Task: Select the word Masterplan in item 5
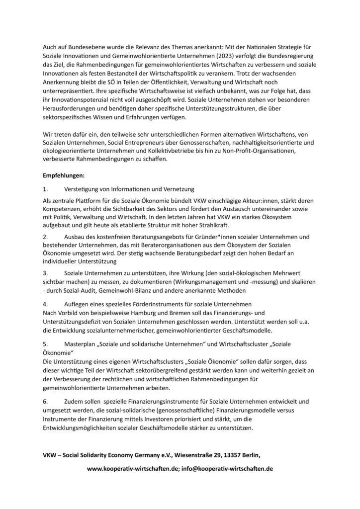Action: tap(83, 344)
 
